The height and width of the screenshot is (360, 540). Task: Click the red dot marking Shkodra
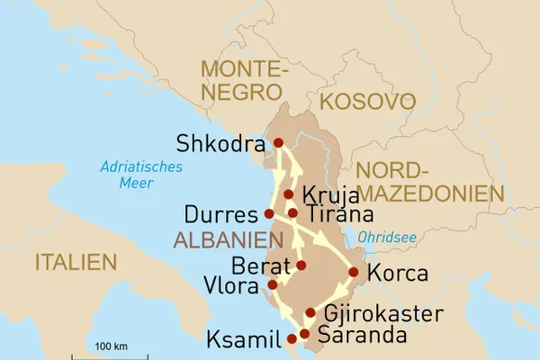tap(278, 142)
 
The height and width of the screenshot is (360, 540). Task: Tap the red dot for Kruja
tap(288, 194)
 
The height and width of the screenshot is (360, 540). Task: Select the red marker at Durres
tap(268, 213)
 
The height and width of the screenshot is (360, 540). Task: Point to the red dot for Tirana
tap(292, 213)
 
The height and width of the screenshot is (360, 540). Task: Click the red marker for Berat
tap(301, 265)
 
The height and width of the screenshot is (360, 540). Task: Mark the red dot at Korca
tap(354, 272)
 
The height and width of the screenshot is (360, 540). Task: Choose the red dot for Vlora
tap(273, 285)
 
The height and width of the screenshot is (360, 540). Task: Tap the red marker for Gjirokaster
tap(310, 313)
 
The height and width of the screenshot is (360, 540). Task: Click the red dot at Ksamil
tap(291, 339)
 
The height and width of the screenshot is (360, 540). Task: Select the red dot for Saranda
tap(304, 334)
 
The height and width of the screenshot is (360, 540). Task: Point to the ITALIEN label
tap(76, 262)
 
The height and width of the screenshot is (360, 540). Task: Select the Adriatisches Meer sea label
tap(142, 175)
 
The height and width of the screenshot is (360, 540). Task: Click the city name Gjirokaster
tap(382, 314)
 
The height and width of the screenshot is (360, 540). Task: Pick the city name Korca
tap(399, 274)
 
